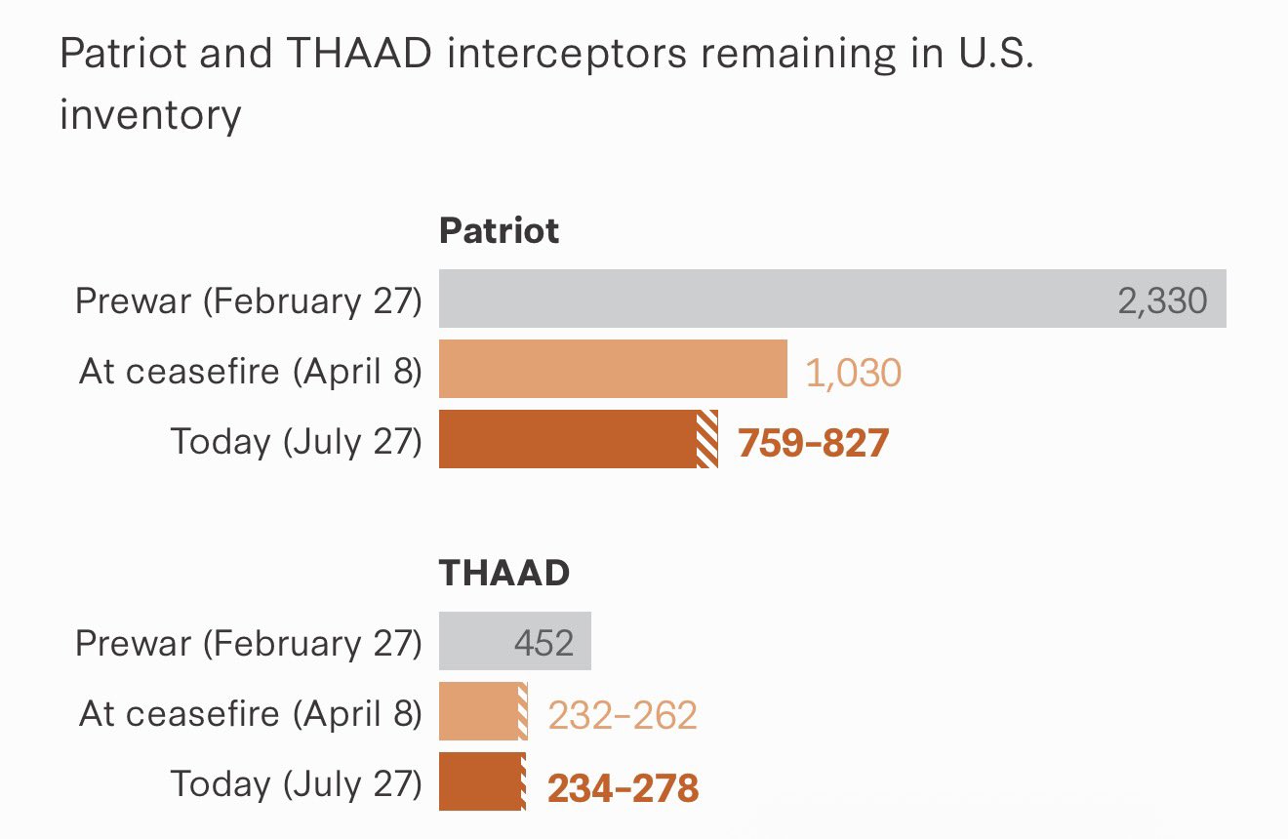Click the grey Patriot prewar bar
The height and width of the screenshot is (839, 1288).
[x=832, y=299]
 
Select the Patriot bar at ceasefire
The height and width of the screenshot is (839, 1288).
[x=613, y=369]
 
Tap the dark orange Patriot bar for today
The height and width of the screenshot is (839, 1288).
[x=579, y=439]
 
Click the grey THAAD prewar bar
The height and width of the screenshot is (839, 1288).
[x=515, y=641]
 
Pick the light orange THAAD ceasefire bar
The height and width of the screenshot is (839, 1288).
[x=484, y=711]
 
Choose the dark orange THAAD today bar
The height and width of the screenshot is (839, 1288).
[x=482, y=781]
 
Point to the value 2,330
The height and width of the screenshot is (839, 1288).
[x=1162, y=301]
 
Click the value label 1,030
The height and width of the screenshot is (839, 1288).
[x=853, y=373]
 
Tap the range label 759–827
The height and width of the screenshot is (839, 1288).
[x=814, y=443]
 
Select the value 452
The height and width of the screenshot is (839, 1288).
[x=543, y=643]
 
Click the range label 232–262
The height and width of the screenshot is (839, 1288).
[x=623, y=715]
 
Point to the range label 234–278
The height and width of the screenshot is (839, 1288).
[x=624, y=788]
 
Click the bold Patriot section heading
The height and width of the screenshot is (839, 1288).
[x=500, y=231]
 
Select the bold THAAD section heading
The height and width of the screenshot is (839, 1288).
[x=504, y=573]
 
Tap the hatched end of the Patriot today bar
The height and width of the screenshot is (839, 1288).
[x=707, y=439]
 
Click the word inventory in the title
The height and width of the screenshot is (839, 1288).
[x=150, y=115]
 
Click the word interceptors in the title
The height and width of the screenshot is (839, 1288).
[x=567, y=54]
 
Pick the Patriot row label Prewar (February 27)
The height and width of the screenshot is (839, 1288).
[x=249, y=300]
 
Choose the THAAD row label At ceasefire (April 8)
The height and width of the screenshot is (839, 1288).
[x=250, y=713]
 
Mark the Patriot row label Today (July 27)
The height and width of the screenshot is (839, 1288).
[x=296, y=442]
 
